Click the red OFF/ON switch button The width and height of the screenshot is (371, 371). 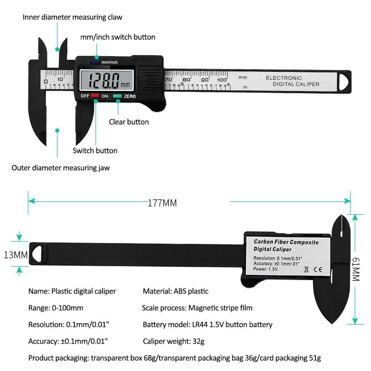[95, 96]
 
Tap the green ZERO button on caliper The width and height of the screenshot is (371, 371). [117, 96]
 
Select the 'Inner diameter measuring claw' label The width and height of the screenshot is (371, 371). [73, 17]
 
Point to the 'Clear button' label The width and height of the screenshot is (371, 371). [128, 122]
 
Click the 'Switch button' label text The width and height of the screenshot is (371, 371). [95, 151]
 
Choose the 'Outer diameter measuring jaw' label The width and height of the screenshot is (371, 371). [61, 168]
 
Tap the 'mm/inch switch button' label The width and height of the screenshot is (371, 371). [117, 37]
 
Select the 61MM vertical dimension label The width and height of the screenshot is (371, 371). [356, 269]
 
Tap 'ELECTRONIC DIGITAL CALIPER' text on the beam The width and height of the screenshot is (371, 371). [292, 81]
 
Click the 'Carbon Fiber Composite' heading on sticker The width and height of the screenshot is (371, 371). [286, 242]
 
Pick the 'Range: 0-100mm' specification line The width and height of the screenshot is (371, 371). [56, 308]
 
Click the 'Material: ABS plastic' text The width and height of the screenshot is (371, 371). [175, 291]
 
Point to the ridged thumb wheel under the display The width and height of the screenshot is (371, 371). [157, 107]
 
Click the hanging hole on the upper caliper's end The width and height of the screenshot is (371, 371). [344, 81]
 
